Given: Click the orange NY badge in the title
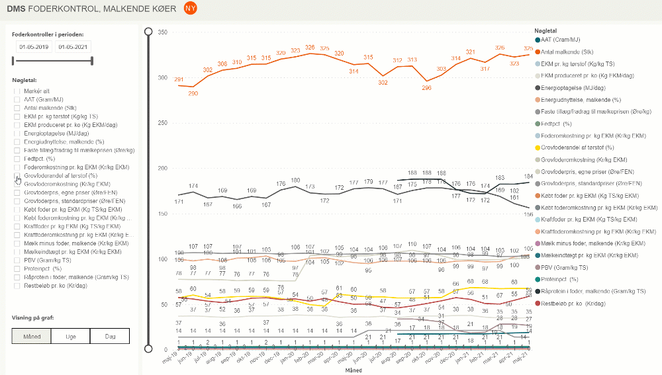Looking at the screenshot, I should coord(190,9).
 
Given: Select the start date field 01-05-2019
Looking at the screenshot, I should coord(34,47).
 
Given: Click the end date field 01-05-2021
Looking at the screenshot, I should coord(73,47).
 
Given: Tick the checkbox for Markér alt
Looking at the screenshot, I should coord(17,91).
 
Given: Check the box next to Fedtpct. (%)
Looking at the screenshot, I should coord(17,159).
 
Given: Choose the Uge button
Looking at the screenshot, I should coord(70,336).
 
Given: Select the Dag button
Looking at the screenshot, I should coord(109,336).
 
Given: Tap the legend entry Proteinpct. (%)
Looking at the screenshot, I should coord(560,278).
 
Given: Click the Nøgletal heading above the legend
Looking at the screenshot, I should coord(545,30).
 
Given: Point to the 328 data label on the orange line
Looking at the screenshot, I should coord(309,47).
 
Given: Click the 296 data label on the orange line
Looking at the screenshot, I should coord(427,87).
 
